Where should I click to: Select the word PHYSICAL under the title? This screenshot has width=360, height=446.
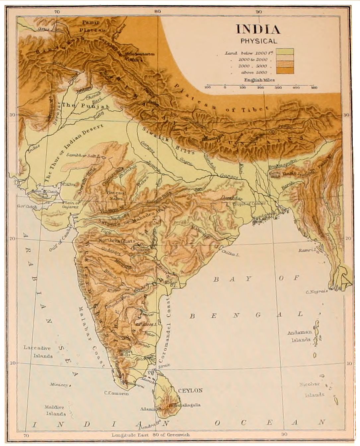pyautogui.click(x=259, y=41)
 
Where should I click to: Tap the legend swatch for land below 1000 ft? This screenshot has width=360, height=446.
pyautogui.click(x=285, y=52)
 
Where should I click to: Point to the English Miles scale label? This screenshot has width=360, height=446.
pyautogui.click(x=259, y=80)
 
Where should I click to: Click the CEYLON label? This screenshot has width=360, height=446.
pyautogui.click(x=190, y=390)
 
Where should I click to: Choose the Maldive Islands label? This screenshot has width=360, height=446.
pyautogui.click(x=56, y=410)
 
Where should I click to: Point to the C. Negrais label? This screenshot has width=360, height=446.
pyautogui.click(x=317, y=292)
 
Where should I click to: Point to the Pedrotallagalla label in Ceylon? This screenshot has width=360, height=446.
pyautogui.click(x=184, y=405)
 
